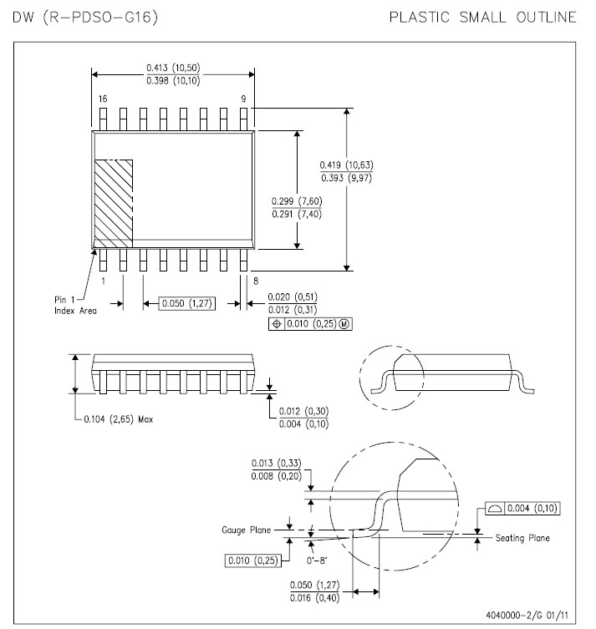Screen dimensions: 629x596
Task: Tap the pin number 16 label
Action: coord(102,99)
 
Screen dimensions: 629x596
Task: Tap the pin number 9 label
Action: coord(243,99)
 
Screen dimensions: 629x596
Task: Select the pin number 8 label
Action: coord(254,282)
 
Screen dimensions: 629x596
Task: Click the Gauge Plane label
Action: coord(246,530)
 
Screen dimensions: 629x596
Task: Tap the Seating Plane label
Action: coord(522,538)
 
